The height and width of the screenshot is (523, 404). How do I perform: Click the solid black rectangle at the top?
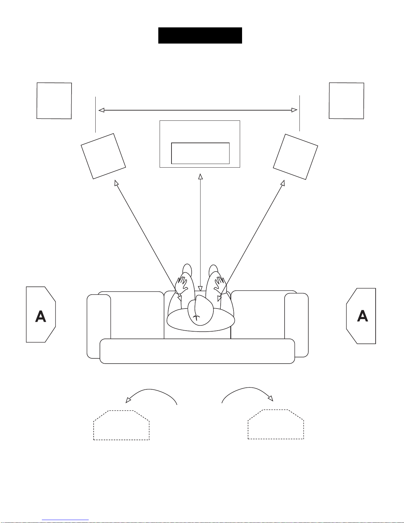(200, 35)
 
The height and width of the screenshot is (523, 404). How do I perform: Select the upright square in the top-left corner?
(54, 101)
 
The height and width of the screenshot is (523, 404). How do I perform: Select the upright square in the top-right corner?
(347, 101)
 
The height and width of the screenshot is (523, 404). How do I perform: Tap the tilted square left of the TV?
(104, 156)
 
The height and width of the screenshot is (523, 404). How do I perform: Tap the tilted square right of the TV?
(295, 157)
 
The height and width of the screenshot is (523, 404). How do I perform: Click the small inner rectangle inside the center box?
(200, 153)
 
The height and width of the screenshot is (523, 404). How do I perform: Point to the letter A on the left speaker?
(41, 316)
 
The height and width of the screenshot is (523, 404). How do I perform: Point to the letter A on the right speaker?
(363, 315)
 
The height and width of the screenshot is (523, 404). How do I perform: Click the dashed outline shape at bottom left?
(121, 425)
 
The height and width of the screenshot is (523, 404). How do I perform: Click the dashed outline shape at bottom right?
(276, 424)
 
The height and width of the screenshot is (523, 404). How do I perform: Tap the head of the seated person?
(201, 310)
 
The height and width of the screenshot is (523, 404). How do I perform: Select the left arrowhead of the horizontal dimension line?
(102, 110)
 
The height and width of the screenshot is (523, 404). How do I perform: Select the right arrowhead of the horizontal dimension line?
(294, 110)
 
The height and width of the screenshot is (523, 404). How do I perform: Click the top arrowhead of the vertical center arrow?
(201, 177)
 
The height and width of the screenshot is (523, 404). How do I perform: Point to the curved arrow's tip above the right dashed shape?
(271, 398)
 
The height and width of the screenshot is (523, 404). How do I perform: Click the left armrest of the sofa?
(99, 326)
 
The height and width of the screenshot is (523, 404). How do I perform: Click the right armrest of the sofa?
(296, 325)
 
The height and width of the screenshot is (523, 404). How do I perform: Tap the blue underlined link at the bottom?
(65, 520)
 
